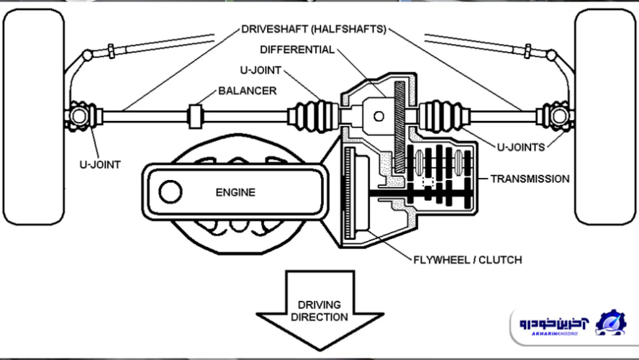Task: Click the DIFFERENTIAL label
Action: (x=297, y=50)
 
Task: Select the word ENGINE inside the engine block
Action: (x=235, y=192)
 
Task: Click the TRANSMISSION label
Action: (x=530, y=179)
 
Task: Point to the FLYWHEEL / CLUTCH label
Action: (x=468, y=260)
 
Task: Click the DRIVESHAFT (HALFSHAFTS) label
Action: (x=314, y=30)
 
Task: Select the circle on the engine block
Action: (x=171, y=192)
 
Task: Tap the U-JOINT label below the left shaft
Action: (x=99, y=164)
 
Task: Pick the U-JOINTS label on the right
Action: (x=520, y=148)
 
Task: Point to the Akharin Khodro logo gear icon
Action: (x=611, y=323)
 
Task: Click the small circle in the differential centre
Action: (x=378, y=115)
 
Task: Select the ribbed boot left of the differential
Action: (x=312, y=115)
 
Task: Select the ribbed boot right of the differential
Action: (x=444, y=115)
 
